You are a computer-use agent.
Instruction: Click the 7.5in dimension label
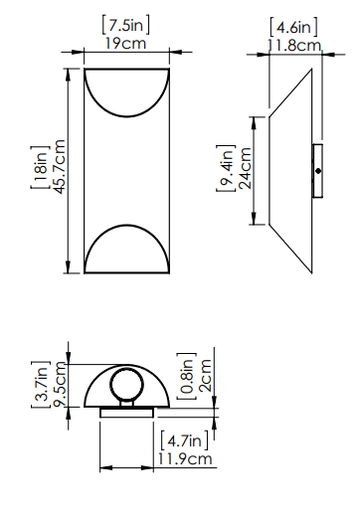(x=126, y=25)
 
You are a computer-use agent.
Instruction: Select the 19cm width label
(x=126, y=44)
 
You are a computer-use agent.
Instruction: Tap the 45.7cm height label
(x=59, y=166)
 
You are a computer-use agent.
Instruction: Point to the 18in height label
(x=41, y=167)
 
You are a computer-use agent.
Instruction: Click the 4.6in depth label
(x=293, y=27)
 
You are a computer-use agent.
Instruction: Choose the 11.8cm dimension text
(x=294, y=46)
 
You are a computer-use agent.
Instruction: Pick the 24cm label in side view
(x=245, y=168)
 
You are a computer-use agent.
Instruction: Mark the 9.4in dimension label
(x=226, y=168)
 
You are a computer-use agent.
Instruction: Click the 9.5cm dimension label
(x=61, y=385)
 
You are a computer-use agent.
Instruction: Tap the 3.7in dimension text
(x=41, y=384)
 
